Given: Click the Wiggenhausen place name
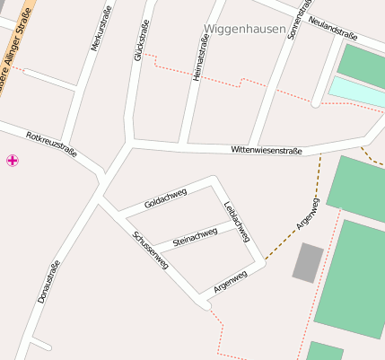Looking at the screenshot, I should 243,29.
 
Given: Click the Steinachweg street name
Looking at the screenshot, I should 195,236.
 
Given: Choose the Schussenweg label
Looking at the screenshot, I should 150,250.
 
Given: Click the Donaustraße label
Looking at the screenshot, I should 48,280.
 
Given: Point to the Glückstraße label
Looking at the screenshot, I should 141,41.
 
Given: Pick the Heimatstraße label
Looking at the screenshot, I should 200,64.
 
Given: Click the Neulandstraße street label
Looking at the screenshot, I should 332,27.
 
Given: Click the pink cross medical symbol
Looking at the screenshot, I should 13,161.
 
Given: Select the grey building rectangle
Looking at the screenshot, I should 308,262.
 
